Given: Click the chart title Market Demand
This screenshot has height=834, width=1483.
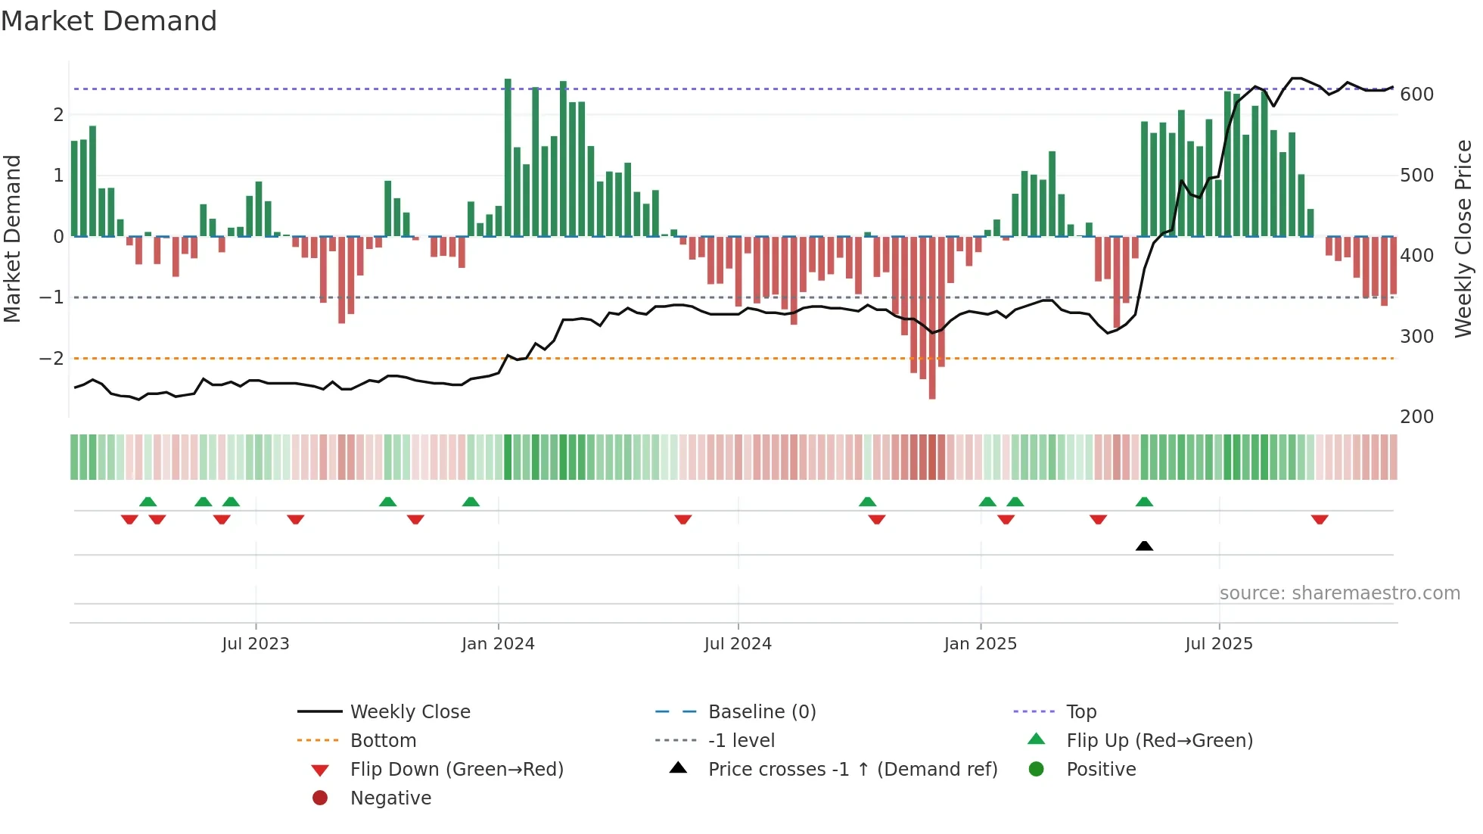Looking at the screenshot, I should [x=109, y=21].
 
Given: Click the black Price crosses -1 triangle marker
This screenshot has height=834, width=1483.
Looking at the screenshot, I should [x=1144, y=546].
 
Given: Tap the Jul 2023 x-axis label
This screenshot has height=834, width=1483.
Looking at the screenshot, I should [x=256, y=644].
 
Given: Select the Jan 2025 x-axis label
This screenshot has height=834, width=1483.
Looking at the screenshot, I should [x=981, y=644].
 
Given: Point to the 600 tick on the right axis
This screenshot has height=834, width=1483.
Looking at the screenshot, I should [x=1416, y=95].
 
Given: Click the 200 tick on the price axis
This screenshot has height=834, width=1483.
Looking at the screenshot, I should [x=1416, y=417].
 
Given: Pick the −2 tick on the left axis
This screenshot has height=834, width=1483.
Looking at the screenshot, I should [x=51, y=358].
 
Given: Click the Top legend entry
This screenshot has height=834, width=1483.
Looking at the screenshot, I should [x=1081, y=712].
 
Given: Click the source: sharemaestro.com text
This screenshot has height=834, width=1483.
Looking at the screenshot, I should [x=1339, y=593].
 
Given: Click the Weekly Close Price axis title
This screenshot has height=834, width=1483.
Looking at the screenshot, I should [x=1463, y=238].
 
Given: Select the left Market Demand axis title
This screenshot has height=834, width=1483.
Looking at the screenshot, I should [x=12, y=238].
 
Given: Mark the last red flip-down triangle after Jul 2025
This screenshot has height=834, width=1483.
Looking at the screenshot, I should [x=1320, y=519].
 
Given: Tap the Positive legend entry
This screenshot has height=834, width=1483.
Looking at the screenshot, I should [x=1101, y=770].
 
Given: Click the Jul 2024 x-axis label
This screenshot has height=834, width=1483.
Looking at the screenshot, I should [x=738, y=644].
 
